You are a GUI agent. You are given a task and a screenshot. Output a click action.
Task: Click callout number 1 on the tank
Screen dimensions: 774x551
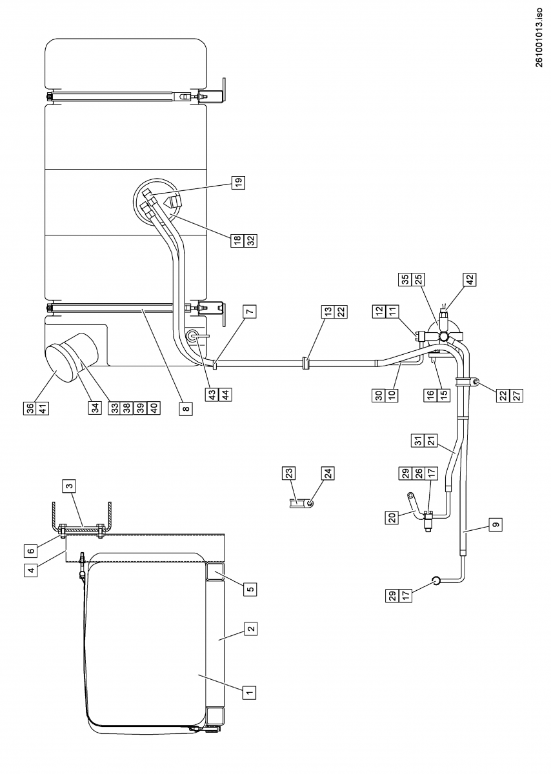pyautogui.click(x=248, y=692)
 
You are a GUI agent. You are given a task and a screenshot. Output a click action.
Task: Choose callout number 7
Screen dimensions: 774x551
pyautogui.click(x=250, y=310)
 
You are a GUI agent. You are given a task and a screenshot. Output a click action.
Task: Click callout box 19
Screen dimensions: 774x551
pyautogui.click(x=239, y=184)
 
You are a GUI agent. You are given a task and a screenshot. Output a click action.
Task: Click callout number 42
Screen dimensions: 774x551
pyautogui.click(x=469, y=279)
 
